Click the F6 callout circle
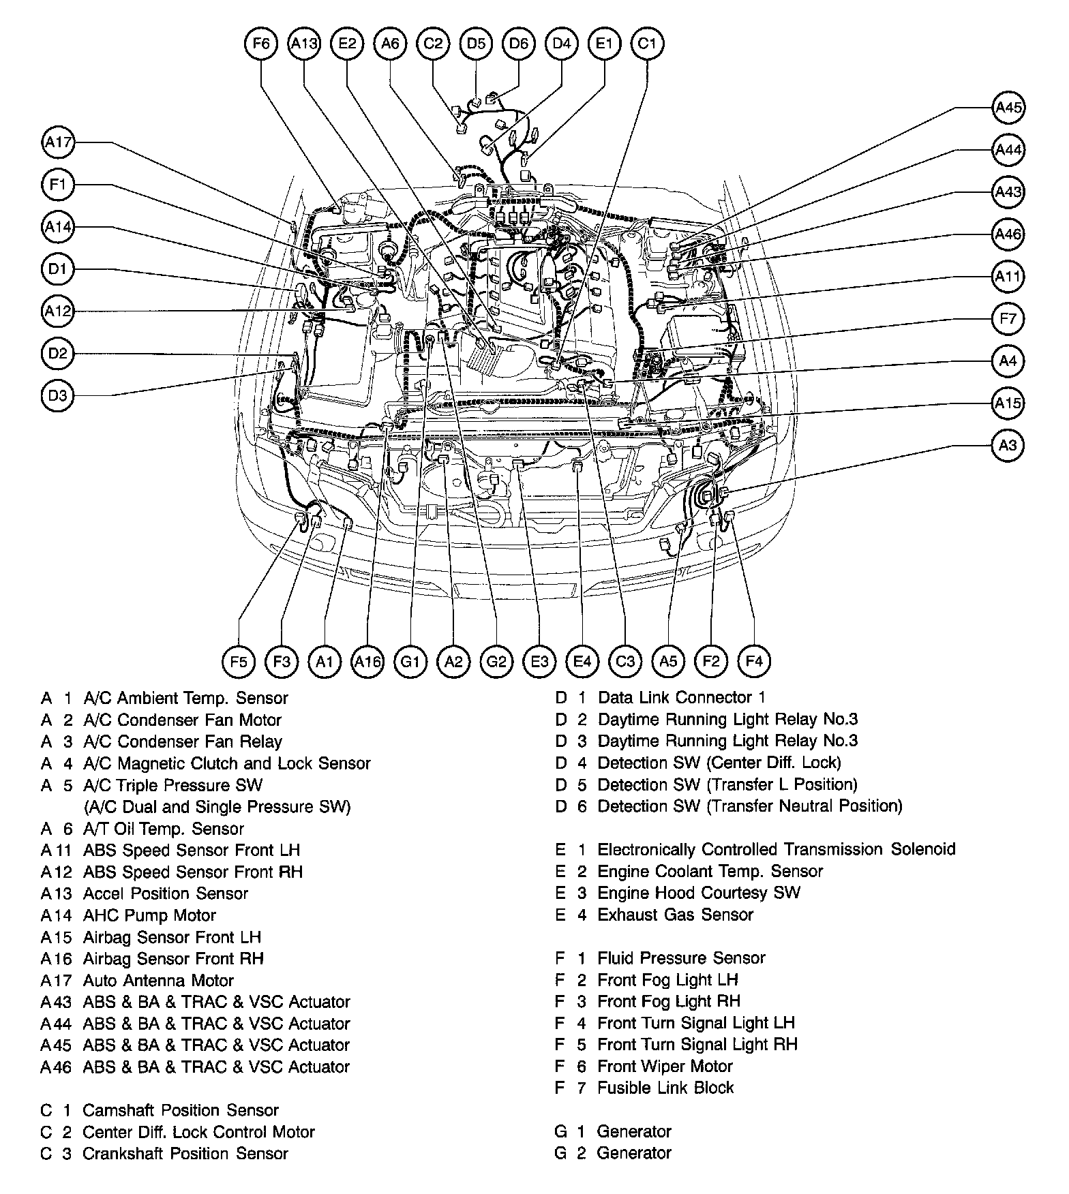pyautogui.click(x=261, y=44)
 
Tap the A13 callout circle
pyautogui.click(x=304, y=44)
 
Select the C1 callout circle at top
pyautogui.click(x=647, y=44)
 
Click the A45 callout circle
pyautogui.click(x=1008, y=107)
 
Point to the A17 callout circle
pyautogui.click(x=58, y=142)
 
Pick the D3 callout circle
pyautogui.click(x=58, y=395)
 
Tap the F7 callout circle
pyautogui.click(x=1008, y=318)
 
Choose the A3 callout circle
pyautogui.click(x=1008, y=445)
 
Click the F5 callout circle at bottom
pyautogui.click(x=239, y=661)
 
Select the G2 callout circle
pyautogui.click(x=496, y=661)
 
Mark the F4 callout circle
pyautogui.click(x=754, y=661)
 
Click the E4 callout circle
pyautogui.click(x=582, y=661)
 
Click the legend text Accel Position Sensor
pyautogui.click(x=166, y=893)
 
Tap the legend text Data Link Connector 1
pyautogui.click(x=681, y=697)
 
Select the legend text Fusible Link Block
pyautogui.click(x=665, y=1088)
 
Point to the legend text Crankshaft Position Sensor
pyautogui.click(x=185, y=1153)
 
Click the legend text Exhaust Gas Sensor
pyautogui.click(x=675, y=915)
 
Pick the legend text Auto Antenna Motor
pyautogui.click(x=158, y=980)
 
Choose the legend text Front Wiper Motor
pyautogui.click(x=665, y=1066)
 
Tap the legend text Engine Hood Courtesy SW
pyautogui.click(x=699, y=893)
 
